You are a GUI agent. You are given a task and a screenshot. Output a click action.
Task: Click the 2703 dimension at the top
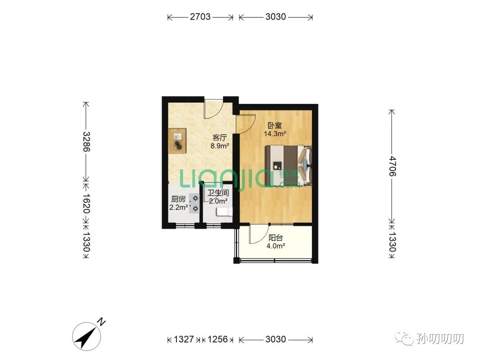(x=200, y=16)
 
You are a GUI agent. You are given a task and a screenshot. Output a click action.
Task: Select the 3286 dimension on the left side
(x=87, y=142)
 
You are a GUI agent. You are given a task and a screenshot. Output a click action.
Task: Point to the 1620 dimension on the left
(x=87, y=203)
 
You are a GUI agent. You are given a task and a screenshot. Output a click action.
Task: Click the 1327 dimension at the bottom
(x=184, y=339)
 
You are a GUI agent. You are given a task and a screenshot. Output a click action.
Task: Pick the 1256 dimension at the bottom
(x=218, y=339)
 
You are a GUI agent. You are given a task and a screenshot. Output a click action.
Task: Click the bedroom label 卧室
(x=275, y=125)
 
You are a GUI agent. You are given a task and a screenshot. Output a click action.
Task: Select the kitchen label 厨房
(x=178, y=199)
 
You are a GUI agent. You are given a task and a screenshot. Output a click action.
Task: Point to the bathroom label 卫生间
(x=218, y=193)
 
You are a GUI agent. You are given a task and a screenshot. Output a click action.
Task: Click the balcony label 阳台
(x=276, y=238)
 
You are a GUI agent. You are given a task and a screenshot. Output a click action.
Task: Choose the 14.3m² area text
(x=275, y=133)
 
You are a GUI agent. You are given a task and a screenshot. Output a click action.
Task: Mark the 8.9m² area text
(x=220, y=146)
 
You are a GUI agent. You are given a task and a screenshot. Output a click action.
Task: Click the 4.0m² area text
(x=276, y=246)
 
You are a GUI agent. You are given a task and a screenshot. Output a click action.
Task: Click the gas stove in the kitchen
(x=194, y=204)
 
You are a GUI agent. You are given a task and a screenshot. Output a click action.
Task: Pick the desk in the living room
(x=177, y=141)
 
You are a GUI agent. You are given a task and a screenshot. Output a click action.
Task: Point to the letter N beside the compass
(x=101, y=322)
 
